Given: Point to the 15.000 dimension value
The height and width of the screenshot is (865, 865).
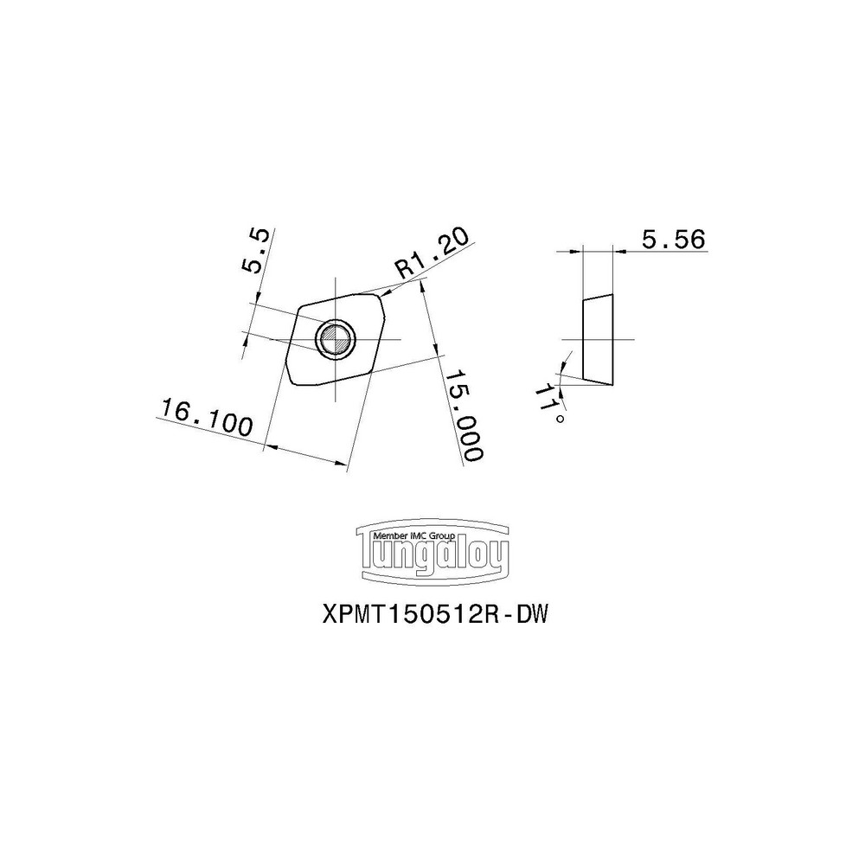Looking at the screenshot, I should point(464,416).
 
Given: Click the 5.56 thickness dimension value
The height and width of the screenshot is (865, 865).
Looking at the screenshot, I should point(674,240).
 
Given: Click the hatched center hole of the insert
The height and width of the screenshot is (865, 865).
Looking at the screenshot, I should point(334,338).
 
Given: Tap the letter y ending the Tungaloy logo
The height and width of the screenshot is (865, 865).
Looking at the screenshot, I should point(500,558).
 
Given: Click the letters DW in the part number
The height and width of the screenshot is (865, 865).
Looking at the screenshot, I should point(533,614).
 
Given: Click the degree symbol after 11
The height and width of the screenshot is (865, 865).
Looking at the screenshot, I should point(561,420).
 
